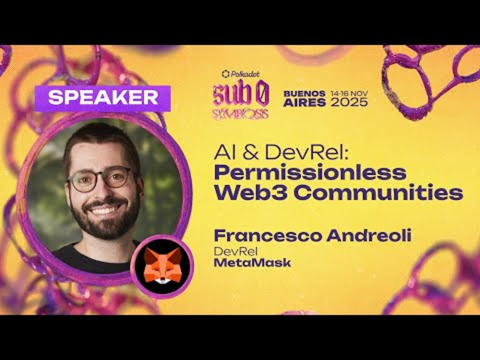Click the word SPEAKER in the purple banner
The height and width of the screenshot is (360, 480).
103,98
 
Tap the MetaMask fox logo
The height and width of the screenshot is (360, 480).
162,266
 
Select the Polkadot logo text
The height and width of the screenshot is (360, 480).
240,74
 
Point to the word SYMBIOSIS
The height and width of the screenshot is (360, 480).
240,114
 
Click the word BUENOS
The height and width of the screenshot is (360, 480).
304,93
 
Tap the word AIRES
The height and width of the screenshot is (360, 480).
304,102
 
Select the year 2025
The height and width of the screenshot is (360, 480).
349,102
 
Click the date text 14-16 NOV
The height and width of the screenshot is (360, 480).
349,93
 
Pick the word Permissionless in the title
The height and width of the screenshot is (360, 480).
310,172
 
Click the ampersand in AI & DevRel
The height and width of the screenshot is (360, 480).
242,152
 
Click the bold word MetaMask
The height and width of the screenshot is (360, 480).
252,263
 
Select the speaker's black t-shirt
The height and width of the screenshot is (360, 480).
76,256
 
